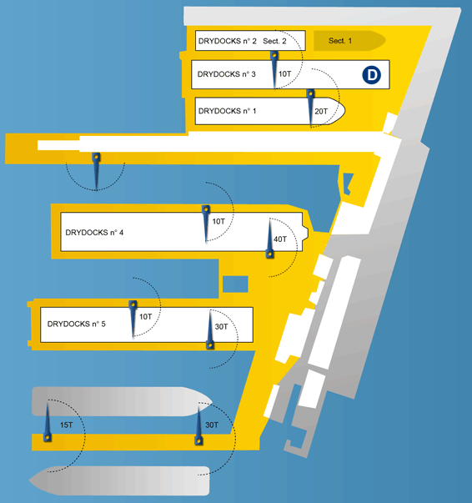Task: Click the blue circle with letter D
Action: coord(372,75)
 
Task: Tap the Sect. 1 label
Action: coord(340,41)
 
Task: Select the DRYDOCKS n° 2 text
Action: coord(228,41)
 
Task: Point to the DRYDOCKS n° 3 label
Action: coord(226,74)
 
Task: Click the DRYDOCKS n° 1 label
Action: coord(228,111)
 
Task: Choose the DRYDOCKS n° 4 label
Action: coord(94,232)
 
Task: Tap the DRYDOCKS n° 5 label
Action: coord(77,324)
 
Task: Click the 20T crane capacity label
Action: coord(321,111)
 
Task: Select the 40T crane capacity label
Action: coord(280,239)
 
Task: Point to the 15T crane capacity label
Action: coord(67,425)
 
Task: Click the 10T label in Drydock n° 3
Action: coord(284,74)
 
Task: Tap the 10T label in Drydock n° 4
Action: coord(218,221)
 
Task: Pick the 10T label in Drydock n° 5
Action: coord(146,317)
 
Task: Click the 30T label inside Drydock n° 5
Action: coord(221,326)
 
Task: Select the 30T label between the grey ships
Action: coord(212,425)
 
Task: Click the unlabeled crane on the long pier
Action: coord(96,171)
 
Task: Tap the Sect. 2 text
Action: coord(274,41)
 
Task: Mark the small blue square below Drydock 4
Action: coord(235,284)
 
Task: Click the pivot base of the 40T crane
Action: coord(269,254)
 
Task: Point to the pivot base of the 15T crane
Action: coord(48,437)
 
